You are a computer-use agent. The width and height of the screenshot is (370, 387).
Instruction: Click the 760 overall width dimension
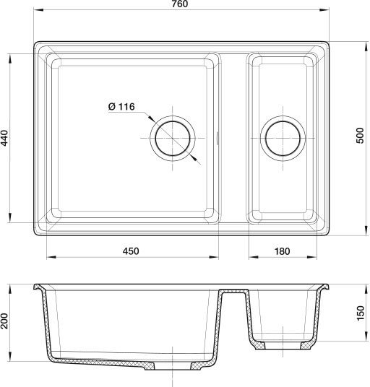[179, 4]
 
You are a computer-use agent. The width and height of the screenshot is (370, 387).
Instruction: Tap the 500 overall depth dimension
[361, 135]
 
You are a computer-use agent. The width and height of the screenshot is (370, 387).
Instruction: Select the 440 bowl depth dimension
[4, 138]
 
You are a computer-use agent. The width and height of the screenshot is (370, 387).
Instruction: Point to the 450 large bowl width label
[131, 251]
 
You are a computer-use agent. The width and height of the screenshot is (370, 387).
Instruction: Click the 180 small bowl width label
[282, 251]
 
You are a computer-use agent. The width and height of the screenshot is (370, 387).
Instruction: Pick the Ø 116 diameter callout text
[121, 107]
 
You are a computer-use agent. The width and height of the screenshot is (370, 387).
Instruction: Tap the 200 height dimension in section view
[4, 321]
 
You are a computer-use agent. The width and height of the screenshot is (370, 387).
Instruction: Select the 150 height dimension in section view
[361, 313]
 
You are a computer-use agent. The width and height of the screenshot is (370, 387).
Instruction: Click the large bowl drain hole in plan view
[173, 138]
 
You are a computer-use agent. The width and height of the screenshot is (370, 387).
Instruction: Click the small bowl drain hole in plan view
[283, 138]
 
